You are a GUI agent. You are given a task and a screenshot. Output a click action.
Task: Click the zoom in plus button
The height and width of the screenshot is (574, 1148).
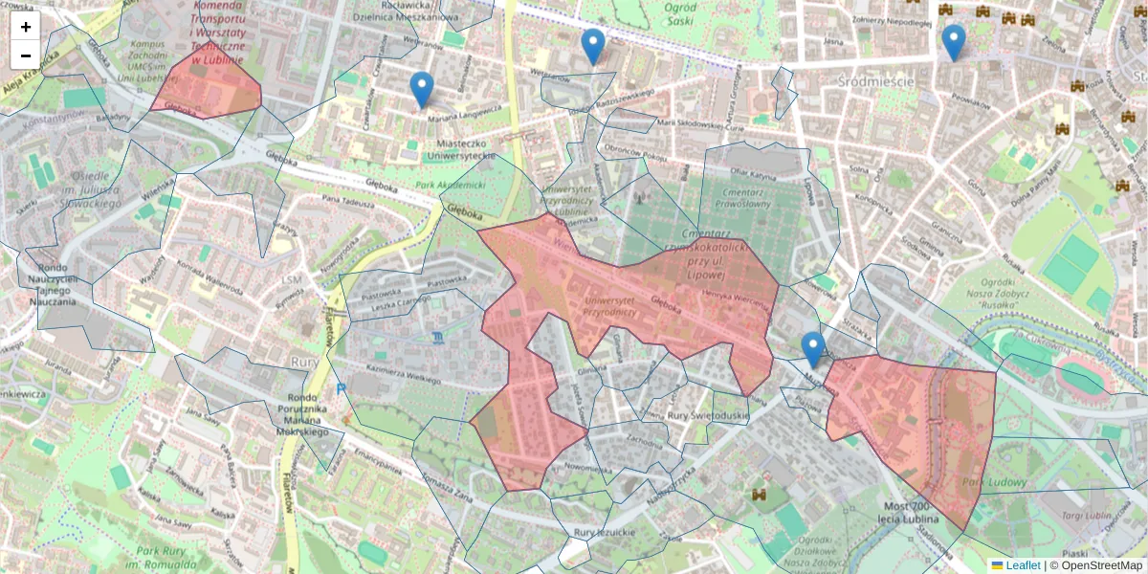26,27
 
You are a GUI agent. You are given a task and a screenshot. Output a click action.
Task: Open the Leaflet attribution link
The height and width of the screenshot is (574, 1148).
1022,565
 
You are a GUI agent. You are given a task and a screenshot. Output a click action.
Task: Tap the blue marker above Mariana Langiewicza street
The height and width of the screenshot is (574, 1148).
422,89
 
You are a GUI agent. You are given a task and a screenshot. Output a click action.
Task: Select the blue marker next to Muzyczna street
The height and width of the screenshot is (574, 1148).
813,349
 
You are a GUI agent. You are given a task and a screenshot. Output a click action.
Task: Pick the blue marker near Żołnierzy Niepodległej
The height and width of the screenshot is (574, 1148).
953,41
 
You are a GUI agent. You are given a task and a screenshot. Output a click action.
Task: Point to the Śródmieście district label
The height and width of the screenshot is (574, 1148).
875,81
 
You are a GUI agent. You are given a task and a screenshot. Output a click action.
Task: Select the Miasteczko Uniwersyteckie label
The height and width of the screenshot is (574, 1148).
461,149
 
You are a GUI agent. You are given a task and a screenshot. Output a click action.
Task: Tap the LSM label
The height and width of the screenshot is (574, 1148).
293,278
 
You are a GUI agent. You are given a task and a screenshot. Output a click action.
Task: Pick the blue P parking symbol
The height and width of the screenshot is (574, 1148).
342,389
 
